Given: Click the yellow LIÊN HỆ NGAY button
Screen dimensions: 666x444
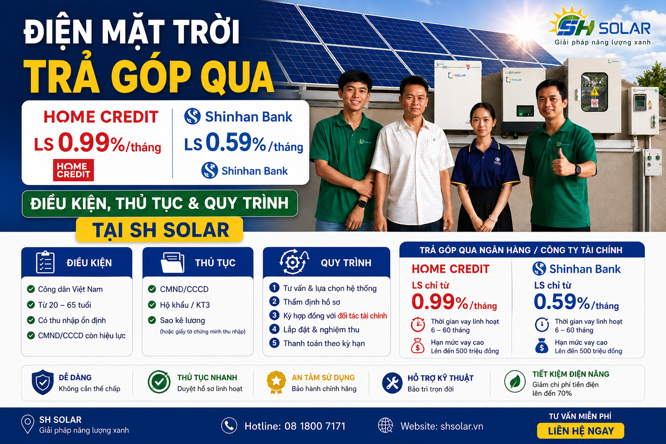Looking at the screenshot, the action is [581, 431].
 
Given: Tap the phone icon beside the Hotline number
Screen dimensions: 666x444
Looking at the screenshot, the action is [229, 425].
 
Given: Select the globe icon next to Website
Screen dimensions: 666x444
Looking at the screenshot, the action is [385, 425].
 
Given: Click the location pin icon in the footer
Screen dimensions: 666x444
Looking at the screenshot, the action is [28, 424].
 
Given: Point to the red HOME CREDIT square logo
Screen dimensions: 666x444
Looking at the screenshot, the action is [73, 170].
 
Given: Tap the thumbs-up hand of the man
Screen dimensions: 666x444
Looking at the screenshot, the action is [562, 163].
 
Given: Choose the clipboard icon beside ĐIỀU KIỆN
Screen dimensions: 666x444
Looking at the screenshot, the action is [45, 262].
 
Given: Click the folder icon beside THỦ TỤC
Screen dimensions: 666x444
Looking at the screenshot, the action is [173, 263].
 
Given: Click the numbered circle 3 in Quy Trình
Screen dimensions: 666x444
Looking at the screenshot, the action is [274, 315].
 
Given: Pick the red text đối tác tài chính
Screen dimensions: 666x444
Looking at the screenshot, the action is [362, 316].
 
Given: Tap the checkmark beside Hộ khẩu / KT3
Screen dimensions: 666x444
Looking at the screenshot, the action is [152, 304].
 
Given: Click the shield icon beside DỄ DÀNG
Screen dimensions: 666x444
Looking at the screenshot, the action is [43, 382].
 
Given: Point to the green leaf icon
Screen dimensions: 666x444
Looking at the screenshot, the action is [515, 382].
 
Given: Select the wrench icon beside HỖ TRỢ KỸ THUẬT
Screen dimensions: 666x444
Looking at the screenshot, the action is [392, 383].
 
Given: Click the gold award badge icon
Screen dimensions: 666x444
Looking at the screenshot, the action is [276, 382].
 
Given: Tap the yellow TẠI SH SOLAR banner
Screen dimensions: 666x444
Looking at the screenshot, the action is [160, 229].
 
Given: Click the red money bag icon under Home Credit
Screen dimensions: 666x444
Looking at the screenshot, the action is [418, 346].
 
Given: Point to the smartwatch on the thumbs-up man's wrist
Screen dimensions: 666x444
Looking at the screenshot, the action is [577, 170].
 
